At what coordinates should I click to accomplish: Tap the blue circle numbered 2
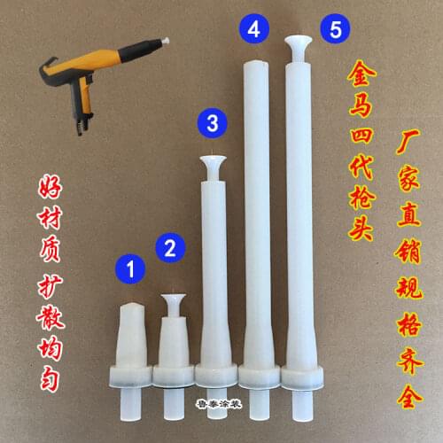tap(172, 246)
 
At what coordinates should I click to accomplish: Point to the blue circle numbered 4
tap(254, 29)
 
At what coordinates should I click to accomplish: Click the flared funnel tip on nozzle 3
tap(212, 164)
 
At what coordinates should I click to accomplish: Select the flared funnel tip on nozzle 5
tap(298, 43)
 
